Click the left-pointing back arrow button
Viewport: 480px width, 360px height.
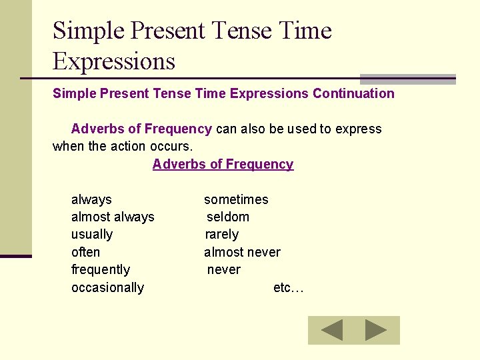pos(331,330)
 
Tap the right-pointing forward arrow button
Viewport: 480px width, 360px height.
pos(376,330)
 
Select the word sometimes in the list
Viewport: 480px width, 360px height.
pos(236,199)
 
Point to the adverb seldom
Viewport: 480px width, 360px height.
pos(228,217)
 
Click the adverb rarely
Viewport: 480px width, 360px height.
pos(221,234)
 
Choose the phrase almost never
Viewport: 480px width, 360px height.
pos(242,252)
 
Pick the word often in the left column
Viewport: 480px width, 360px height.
pos(85,252)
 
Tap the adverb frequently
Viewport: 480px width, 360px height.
pos(101,269)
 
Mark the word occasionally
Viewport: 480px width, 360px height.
pos(107,287)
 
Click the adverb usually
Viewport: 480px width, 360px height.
pos(92,234)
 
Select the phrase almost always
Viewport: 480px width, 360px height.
pos(113,217)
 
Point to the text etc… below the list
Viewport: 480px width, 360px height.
pos(288,287)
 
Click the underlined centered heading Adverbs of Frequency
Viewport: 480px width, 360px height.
pos(223,164)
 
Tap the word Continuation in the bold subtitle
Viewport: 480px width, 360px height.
pos(353,93)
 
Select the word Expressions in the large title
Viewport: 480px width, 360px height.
pos(113,61)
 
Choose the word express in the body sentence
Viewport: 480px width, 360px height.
pos(359,129)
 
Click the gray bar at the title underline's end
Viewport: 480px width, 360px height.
pos(407,79)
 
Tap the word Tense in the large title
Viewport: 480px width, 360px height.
pos(236,31)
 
